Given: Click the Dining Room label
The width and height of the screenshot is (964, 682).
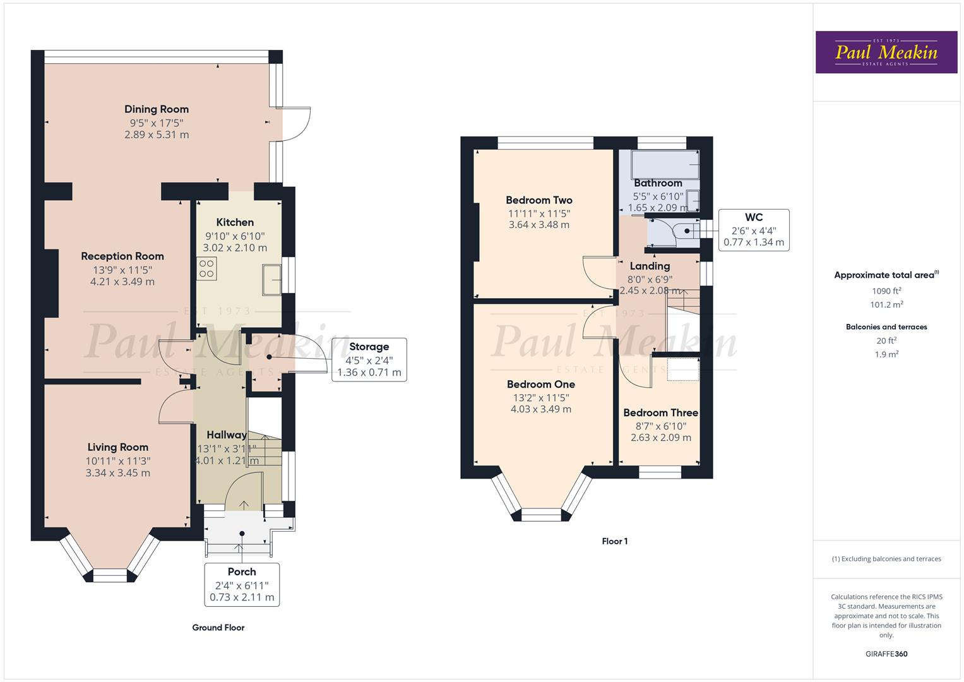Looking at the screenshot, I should click(x=157, y=109).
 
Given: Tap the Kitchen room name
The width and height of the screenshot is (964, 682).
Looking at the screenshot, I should click(x=235, y=222).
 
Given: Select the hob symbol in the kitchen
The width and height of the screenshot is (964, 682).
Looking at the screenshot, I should click(x=206, y=268).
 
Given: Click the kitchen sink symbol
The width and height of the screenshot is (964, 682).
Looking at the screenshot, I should click(x=273, y=280).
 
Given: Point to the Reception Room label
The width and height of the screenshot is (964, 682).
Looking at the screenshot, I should click(x=122, y=256).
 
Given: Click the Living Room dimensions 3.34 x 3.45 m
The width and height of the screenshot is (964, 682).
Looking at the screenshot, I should click(x=118, y=473).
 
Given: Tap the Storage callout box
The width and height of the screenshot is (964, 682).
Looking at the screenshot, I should click(x=369, y=359).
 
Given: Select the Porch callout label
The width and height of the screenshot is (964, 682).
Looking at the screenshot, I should click(x=242, y=572).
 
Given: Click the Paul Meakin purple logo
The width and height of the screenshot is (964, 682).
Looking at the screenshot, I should click(x=886, y=52).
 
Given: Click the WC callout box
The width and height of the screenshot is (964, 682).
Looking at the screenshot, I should click(x=754, y=230).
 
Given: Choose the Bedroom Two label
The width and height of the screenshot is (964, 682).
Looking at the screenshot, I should click(x=539, y=200).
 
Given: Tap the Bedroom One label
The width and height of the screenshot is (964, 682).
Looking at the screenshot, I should click(x=541, y=384).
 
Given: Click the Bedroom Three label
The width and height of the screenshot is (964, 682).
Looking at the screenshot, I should click(x=660, y=413).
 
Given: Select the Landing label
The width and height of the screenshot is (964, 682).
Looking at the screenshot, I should click(x=650, y=266).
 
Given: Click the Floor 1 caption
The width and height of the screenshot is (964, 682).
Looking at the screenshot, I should click(x=614, y=541).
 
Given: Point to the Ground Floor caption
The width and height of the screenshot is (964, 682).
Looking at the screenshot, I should click(x=218, y=628).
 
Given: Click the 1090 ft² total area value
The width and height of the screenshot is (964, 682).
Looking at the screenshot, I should click(x=886, y=291).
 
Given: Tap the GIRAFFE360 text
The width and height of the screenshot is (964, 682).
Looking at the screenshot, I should click(x=886, y=654).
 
